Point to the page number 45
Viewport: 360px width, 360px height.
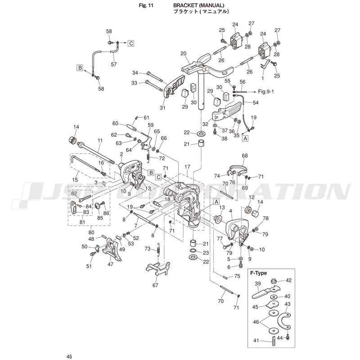(x=68, y=356)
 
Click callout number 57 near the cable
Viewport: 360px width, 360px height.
(x=113, y=64)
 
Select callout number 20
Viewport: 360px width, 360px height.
(x=183, y=54)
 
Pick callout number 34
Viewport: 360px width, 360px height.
(x=135, y=73)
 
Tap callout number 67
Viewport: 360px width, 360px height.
(x=156, y=285)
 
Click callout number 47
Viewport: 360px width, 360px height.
(x=110, y=265)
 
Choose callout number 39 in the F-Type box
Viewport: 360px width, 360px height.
(x=258, y=283)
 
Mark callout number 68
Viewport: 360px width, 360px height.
(x=245, y=156)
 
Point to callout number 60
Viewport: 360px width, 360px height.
(x=115, y=123)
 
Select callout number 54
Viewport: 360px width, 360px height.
(x=256, y=103)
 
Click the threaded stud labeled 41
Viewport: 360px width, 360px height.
(x=273, y=341)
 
